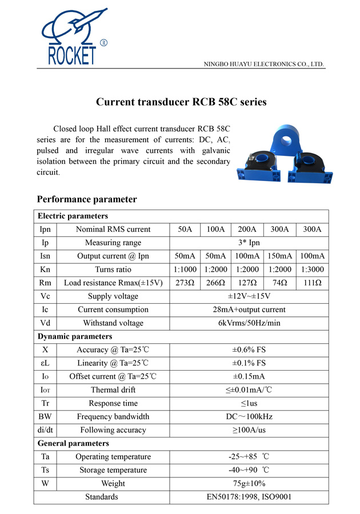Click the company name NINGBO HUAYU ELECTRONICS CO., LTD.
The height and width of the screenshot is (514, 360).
(x=264, y=64)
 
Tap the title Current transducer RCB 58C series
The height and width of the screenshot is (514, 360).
(x=181, y=103)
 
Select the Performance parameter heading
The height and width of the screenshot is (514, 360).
(x=87, y=199)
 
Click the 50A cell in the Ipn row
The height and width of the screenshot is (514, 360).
(x=185, y=230)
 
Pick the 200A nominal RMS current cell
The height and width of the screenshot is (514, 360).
(x=247, y=230)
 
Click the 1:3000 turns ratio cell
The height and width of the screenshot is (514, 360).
(x=313, y=270)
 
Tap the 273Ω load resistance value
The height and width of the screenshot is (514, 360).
(x=185, y=283)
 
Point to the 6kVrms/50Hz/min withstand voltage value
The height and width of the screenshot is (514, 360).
(x=249, y=323)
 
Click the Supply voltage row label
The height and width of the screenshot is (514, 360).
(x=113, y=296)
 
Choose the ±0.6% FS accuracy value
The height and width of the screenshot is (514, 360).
(x=249, y=350)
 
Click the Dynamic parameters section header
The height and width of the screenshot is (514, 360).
(x=75, y=336)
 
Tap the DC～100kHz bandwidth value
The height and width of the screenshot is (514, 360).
(x=249, y=417)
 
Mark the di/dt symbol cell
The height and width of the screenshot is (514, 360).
(x=45, y=430)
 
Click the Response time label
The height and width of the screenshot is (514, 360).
(x=113, y=403)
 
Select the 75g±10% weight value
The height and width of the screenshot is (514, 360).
(x=249, y=484)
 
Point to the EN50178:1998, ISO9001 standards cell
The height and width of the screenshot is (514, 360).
(x=249, y=497)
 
